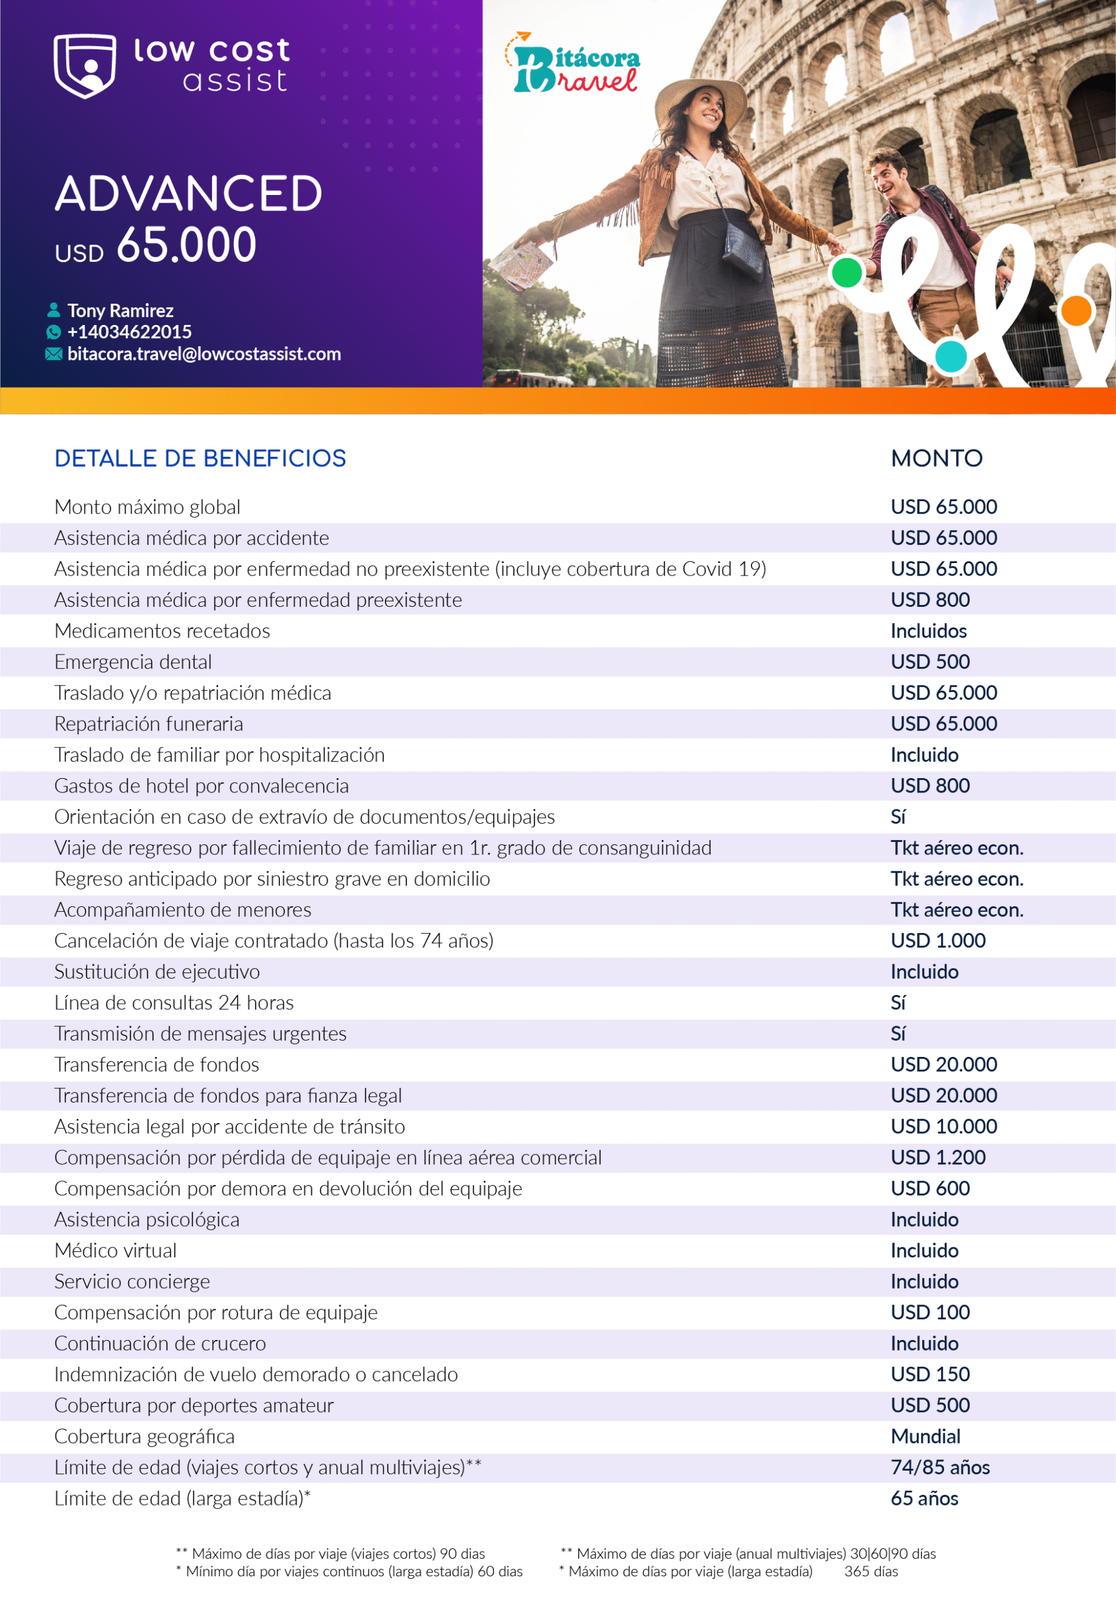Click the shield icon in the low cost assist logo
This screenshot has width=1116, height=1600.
[85, 66]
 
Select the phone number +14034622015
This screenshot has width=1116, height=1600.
[129, 332]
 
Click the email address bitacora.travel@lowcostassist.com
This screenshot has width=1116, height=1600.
[204, 354]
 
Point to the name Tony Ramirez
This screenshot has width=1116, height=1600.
[120, 311]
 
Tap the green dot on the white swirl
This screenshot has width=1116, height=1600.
[847, 272]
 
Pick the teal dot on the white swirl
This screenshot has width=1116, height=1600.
[951, 356]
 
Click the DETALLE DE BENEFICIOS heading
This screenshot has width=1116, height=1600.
[200, 459]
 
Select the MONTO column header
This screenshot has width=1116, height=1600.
[936, 459]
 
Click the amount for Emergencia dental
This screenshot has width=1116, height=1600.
[930, 662]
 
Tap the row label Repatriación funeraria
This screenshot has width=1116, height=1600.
[148, 724]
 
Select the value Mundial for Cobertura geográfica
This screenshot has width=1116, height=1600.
[925, 1436]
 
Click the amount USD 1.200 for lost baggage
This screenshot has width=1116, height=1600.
[938, 1157]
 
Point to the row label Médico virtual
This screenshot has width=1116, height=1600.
[116, 1251]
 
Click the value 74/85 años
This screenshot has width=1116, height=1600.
[940, 1467]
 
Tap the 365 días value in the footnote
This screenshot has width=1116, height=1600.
[871, 1571]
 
